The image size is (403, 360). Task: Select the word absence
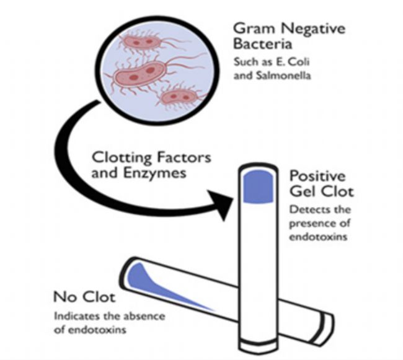[x=148, y=317]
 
